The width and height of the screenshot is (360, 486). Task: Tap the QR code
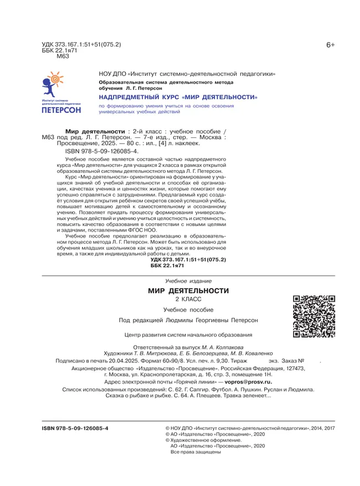[x=314, y=317]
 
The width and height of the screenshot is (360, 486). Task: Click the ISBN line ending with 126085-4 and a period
[x=101, y=151]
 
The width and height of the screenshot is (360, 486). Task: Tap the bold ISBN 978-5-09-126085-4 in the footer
[x=76, y=428]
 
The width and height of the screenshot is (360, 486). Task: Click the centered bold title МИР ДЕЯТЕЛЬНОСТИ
[x=188, y=291]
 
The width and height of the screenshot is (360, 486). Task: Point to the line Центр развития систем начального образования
[x=189, y=335]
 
